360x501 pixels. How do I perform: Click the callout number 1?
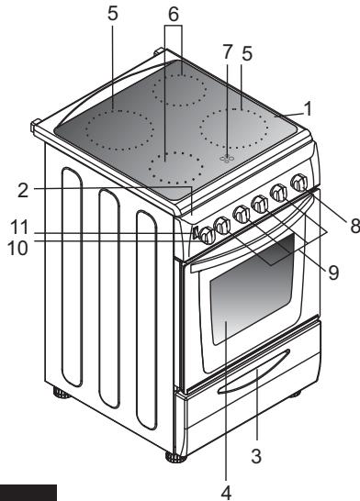click(309, 108)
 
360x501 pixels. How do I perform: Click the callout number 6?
click(174, 16)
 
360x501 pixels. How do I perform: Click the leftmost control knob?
click(210, 235)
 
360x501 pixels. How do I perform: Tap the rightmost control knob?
click(298, 184)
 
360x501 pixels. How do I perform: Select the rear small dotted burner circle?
click(180, 88)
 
